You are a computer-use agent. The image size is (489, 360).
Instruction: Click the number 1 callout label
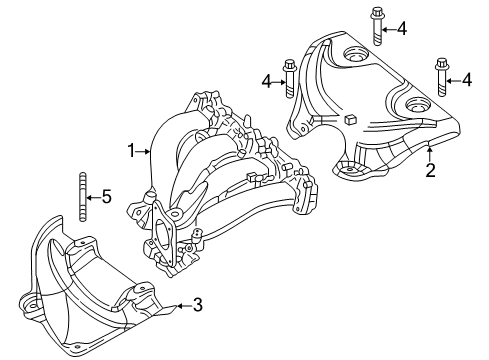[x=130, y=151]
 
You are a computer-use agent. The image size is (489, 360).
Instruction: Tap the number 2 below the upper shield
[x=430, y=170]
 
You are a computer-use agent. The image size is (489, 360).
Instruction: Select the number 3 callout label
[x=197, y=304]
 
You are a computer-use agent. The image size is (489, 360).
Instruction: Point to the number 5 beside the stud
[x=108, y=196]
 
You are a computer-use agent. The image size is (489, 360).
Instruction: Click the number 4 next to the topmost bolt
[x=402, y=29]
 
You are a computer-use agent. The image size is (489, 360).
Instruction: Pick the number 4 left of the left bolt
[x=267, y=79]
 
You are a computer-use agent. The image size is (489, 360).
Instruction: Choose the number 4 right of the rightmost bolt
[x=467, y=78]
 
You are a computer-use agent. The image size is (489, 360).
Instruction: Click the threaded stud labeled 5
[x=79, y=196]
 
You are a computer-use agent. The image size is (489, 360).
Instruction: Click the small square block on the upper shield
[x=352, y=121]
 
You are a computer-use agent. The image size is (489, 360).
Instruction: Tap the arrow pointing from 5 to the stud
[x=93, y=196]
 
